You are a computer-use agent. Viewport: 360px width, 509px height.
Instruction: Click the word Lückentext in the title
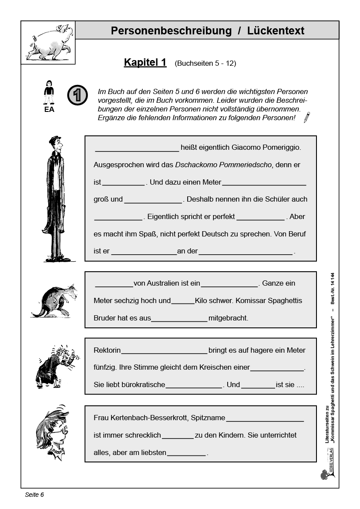[276, 31]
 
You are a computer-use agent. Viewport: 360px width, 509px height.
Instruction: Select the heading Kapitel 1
[145, 62]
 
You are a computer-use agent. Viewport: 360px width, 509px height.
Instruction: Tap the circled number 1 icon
[77, 95]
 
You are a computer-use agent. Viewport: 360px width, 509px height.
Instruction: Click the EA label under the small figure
[49, 110]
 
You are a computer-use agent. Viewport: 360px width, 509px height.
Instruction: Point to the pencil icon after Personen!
[307, 117]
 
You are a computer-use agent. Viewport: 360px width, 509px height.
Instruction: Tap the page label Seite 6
[34, 495]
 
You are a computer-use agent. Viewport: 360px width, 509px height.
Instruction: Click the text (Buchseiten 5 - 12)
[205, 63]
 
